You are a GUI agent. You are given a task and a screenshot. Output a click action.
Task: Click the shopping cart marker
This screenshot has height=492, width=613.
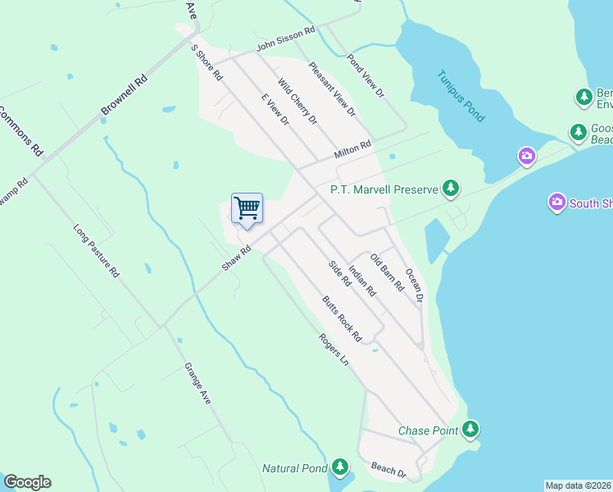click(x=247, y=208)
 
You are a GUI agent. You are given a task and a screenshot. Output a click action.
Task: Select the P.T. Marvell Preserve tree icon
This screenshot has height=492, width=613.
click(x=450, y=189)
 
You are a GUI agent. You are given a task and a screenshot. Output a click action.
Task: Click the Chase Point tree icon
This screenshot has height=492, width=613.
click(x=470, y=429)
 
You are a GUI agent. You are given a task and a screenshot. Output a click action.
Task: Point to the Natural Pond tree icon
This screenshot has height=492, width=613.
click(x=339, y=468)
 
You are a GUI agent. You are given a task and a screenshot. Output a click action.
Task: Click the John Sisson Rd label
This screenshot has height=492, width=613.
click(x=285, y=39)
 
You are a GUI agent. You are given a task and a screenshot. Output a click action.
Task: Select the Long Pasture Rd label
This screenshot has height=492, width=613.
click(x=97, y=252)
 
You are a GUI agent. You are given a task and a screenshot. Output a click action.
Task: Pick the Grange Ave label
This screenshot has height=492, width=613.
click(x=198, y=383)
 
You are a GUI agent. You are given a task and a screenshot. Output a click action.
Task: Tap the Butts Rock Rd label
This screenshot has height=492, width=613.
click(x=342, y=318)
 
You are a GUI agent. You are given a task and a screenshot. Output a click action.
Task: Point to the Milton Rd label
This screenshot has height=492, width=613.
click(x=352, y=149)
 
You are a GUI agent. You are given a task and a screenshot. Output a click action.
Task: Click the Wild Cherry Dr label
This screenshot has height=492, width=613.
click(x=297, y=102)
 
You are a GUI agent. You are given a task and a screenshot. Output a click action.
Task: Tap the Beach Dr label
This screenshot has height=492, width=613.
click(x=389, y=470)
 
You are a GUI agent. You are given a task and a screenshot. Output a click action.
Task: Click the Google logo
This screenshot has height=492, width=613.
click(x=27, y=482)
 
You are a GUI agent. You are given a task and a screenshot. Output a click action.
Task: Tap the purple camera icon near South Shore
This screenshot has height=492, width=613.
click(x=557, y=202)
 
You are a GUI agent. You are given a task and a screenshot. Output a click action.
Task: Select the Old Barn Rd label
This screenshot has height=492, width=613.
click(x=387, y=273)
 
